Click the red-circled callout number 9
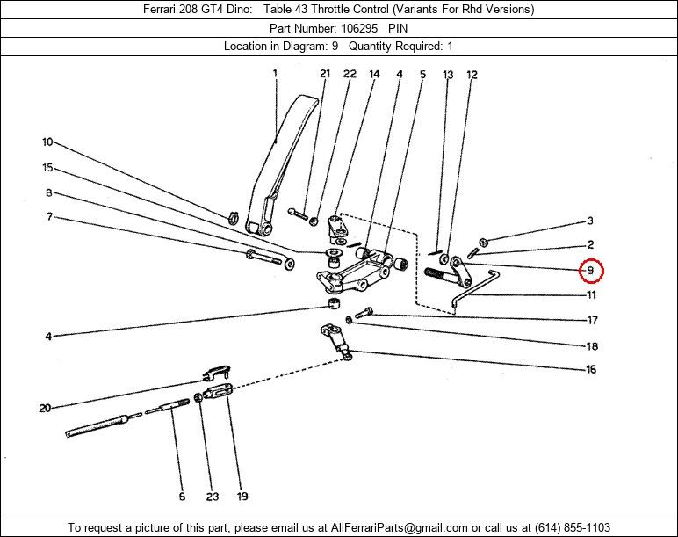590,272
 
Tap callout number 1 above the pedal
276,74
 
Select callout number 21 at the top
325,74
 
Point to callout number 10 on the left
47,142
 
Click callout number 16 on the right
591,369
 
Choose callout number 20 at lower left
45,408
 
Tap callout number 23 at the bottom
212,497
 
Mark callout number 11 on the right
591,295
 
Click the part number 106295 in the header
359,28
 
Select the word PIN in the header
397,28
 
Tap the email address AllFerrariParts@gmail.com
399,528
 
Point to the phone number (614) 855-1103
573,528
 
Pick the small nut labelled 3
483,242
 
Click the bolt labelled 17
364,312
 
